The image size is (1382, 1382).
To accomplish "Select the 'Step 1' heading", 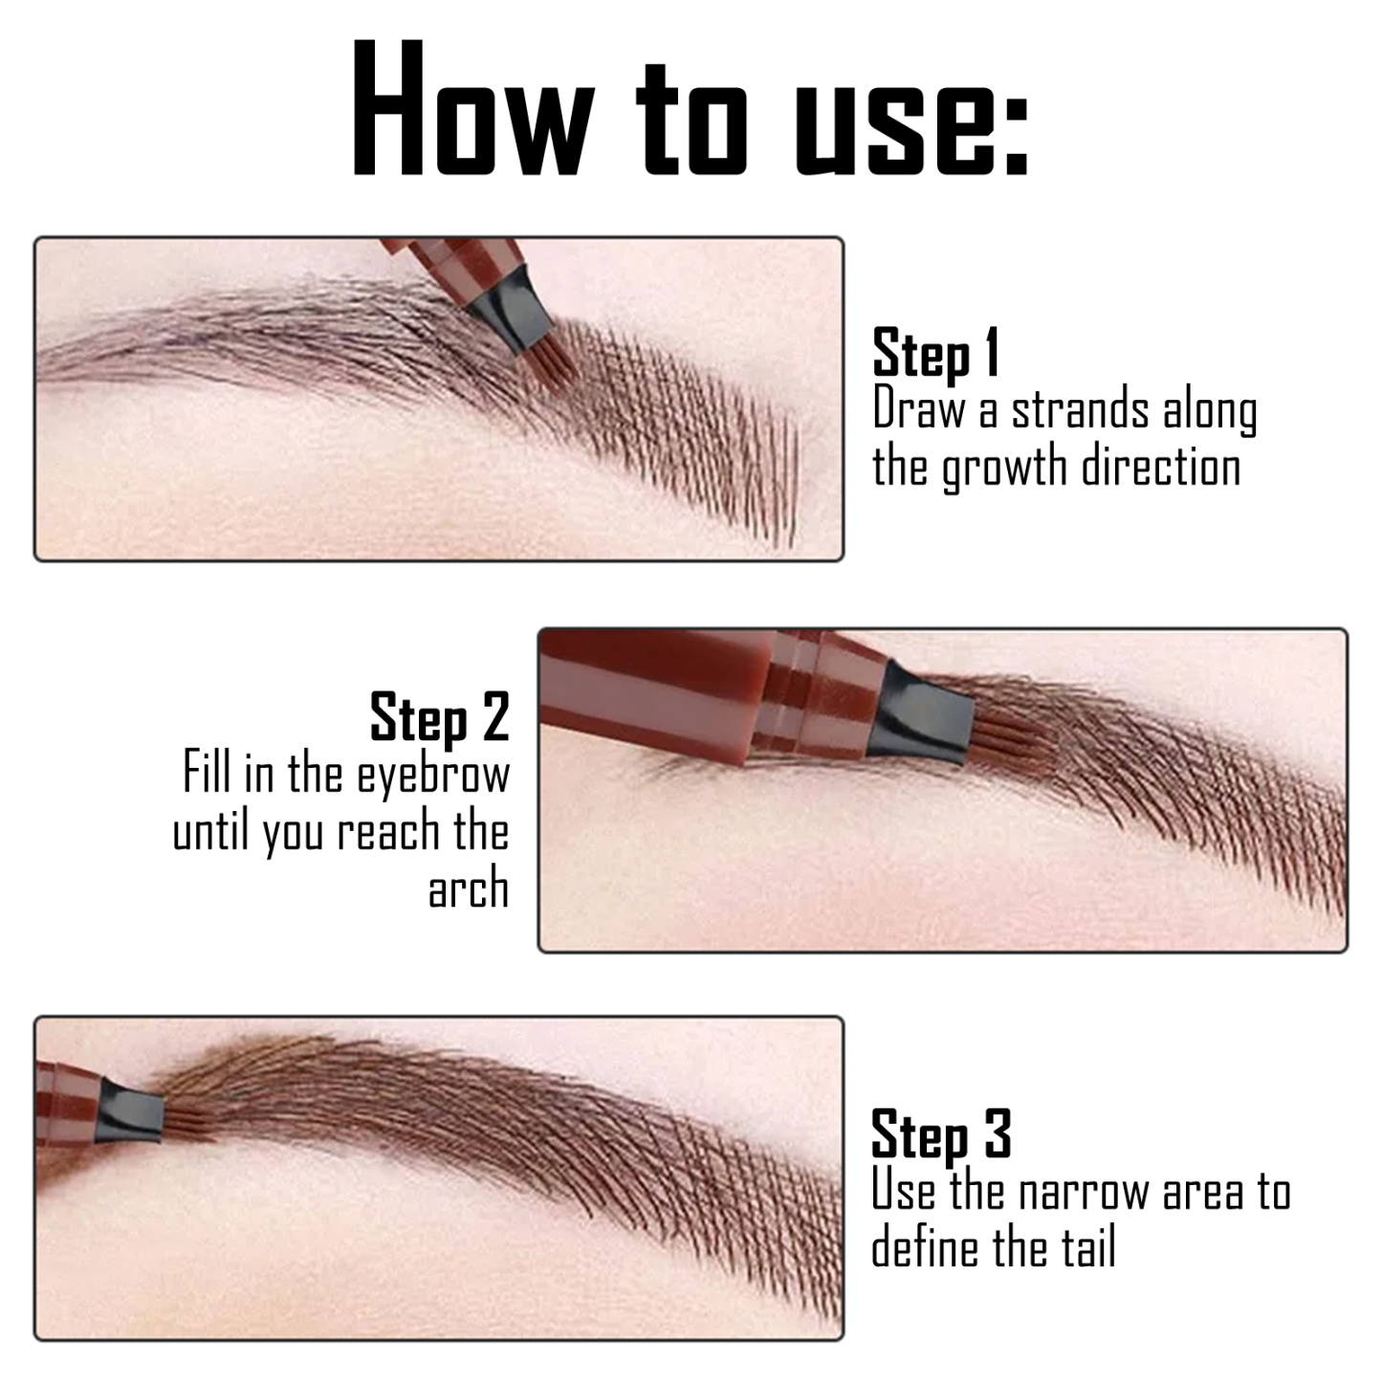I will point(935,353).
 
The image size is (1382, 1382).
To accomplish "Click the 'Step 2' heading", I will point(439,717).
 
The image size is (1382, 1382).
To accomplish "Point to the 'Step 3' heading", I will point(940,1135).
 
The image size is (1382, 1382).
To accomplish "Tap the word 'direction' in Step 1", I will point(1161,468).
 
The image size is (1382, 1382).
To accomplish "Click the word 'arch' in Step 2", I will point(468,888).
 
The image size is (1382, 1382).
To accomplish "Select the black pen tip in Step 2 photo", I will point(923,713).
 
